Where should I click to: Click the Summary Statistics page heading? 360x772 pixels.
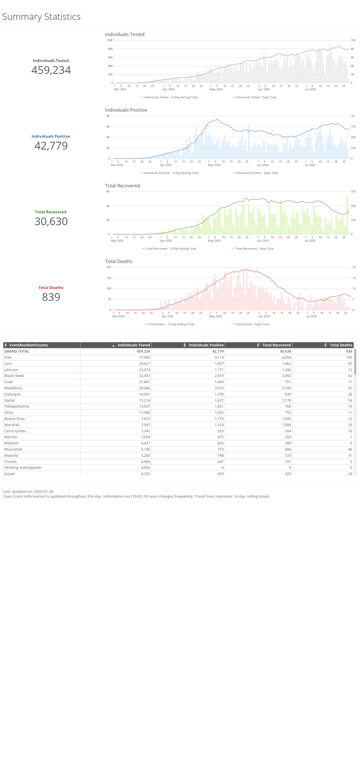tap(41, 16)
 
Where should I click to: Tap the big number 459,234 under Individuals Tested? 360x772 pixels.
tap(51, 70)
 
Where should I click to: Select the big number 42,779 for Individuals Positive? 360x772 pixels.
tap(51, 146)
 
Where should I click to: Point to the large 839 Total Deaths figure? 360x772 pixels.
tap(51, 297)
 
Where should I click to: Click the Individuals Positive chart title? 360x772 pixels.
tap(126, 110)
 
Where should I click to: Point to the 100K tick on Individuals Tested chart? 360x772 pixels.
tap(110, 40)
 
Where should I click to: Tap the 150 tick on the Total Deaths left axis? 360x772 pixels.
tap(109, 278)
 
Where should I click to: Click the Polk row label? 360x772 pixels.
tap(8, 357)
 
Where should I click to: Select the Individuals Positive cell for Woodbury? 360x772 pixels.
tap(219, 388)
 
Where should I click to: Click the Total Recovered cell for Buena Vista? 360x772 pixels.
tap(286, 419)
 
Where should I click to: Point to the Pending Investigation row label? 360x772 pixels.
tap(23, 468)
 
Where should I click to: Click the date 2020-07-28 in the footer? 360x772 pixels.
tap(43, 492)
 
